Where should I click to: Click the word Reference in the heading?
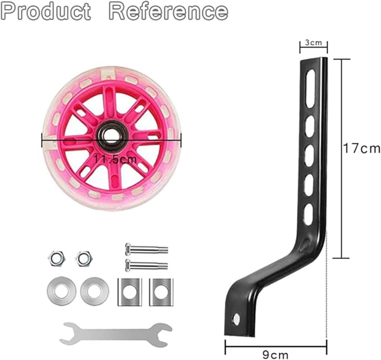168,11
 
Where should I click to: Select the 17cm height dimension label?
361,148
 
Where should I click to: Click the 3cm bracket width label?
313,43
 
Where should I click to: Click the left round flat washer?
61,291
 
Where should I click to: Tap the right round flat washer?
94,291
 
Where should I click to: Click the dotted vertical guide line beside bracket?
327,284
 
